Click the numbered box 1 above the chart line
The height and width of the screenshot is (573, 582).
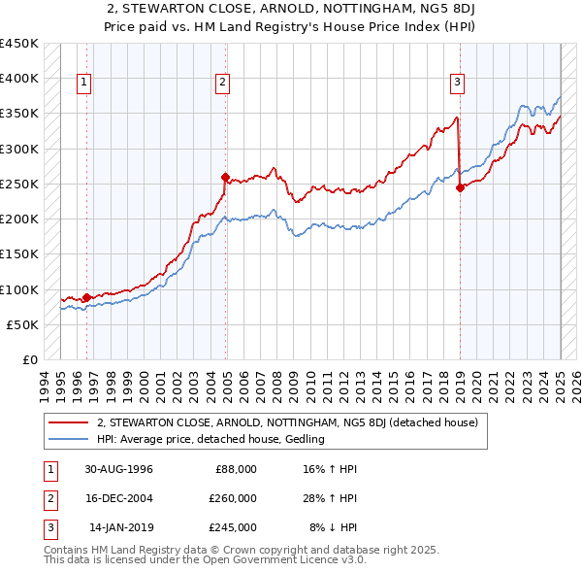pyautogui.click(x=85, y=83)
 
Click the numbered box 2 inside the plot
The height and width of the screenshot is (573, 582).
pyautogui.click(x=223, y=83)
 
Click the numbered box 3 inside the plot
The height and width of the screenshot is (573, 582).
pyautogui.click(x=456, y=83)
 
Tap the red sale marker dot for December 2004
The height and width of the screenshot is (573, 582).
pyautogui.click(x=226, y=177)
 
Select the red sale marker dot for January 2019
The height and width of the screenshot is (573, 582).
pyautogui.click(x=460, y=187)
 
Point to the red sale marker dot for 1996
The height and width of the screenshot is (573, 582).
pyautogui.click(x=86, y=297)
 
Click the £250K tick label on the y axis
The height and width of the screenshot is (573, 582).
pyautogui.click(x=18, y=184)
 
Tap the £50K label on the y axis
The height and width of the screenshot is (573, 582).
pyautogui.click(x=22, y=324)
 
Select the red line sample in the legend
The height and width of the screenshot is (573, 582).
pyautogui.click(x=69, y=422)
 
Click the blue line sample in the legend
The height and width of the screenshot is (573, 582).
pyautogui.click(x=69, y=439)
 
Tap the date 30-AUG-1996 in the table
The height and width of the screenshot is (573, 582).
pyautogui.click(x=119, y=469)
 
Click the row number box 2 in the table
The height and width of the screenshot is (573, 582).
pyautogui.click(x=48, y=498)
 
